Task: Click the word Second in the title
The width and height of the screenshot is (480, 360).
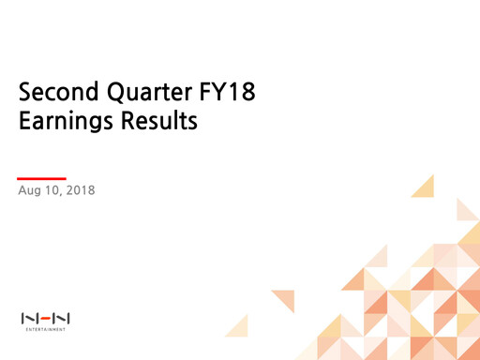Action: coord(52,94)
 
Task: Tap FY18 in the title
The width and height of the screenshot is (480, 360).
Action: coord(222,94)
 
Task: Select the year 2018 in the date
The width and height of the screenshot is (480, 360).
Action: coord(81,191)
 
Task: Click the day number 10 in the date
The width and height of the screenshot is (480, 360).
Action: coord(52,191)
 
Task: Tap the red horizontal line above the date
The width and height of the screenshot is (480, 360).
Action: coord(42,178)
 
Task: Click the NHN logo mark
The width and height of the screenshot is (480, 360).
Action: coord(46,319)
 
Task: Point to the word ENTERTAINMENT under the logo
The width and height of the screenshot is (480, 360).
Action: coord(46,329)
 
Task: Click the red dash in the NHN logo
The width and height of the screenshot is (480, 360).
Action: coord(46,319)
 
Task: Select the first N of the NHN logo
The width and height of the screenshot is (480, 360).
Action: coord(29,319)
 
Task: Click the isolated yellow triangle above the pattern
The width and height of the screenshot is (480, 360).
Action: coord(425,187)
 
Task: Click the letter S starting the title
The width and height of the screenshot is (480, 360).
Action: coord(25,94)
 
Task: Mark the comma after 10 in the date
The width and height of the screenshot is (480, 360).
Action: coord(60,195)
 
